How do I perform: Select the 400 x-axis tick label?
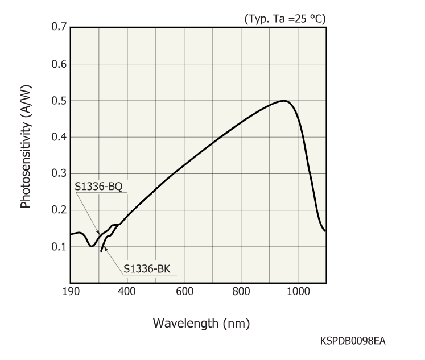pos(127,291)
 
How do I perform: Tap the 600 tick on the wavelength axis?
pos(184,291)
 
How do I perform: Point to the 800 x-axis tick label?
pos(241,291)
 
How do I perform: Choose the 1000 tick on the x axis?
pos(297,291)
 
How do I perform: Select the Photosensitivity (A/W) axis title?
pos(26,146)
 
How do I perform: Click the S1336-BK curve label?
pos(146,267)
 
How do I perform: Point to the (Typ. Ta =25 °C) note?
pos(284,18)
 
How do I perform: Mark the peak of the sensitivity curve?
pos(284,101)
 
